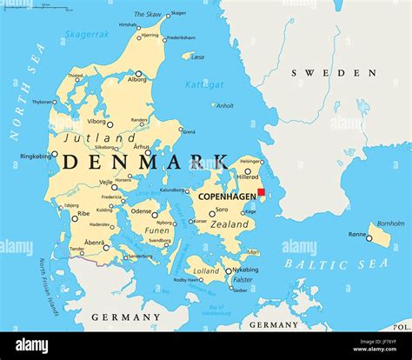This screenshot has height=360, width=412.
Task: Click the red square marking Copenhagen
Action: (261, 193)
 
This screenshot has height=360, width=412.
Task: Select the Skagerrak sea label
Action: (86, 35)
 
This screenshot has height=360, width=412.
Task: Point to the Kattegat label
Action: (204, 84)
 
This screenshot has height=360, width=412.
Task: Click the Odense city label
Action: (141, 210)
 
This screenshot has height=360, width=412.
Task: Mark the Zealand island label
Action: (230, 223)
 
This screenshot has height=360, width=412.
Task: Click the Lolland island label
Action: (207, 270)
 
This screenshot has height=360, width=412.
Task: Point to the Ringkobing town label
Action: (36, 157)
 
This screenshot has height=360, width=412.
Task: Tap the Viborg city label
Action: (96, 122)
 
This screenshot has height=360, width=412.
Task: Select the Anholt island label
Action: (224, 106)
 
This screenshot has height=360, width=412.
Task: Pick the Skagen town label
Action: (177, 14)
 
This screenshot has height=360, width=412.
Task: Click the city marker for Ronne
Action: (369, 237)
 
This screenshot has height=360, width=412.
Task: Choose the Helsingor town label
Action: (250, 161)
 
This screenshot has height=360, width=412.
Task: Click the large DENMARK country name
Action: (147, 162)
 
